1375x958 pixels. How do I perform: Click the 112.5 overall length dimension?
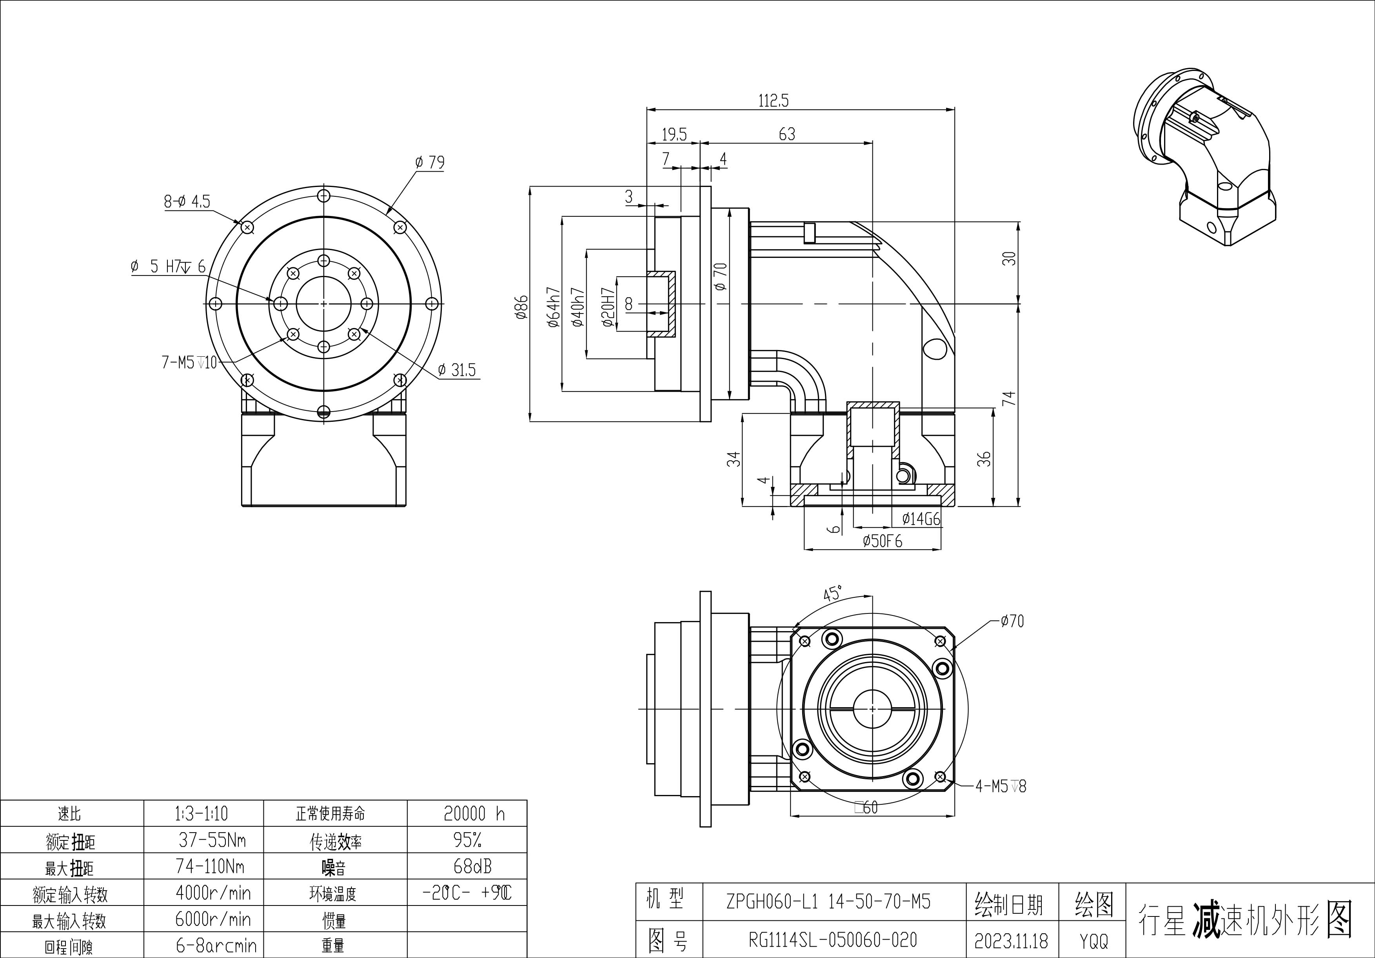(774, 101)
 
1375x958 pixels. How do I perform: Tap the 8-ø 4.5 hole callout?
(187, 201)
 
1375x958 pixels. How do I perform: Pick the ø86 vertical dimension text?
(521, 307)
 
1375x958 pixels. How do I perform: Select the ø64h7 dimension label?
(553, 307)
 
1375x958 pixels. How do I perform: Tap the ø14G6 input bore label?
(921, 519)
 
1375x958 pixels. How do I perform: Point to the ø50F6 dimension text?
(883, 541)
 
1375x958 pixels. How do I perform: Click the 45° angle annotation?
(832, 593)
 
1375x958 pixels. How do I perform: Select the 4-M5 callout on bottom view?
(1001, 786)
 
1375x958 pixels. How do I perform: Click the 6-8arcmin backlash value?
(216, 945)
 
